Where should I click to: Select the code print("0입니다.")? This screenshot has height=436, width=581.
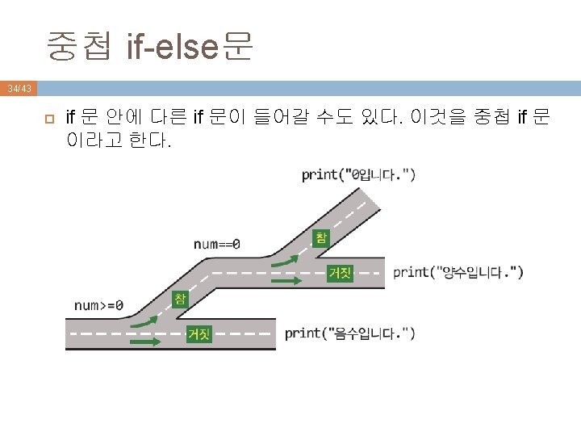pos(358,174)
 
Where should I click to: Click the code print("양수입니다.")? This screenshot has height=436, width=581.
pos(458,272)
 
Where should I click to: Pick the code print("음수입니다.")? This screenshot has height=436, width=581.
pos(349,333)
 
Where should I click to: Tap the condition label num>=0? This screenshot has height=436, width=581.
pos(98,305)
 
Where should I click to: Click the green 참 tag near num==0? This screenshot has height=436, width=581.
pos(320,236)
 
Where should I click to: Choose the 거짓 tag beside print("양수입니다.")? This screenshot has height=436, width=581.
pos(339,273)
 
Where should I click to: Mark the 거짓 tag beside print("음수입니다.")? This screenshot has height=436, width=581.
pos(199,333)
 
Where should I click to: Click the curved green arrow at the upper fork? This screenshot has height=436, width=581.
pos(285,260)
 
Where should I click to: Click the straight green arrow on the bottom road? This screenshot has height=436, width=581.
pos(146,342)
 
